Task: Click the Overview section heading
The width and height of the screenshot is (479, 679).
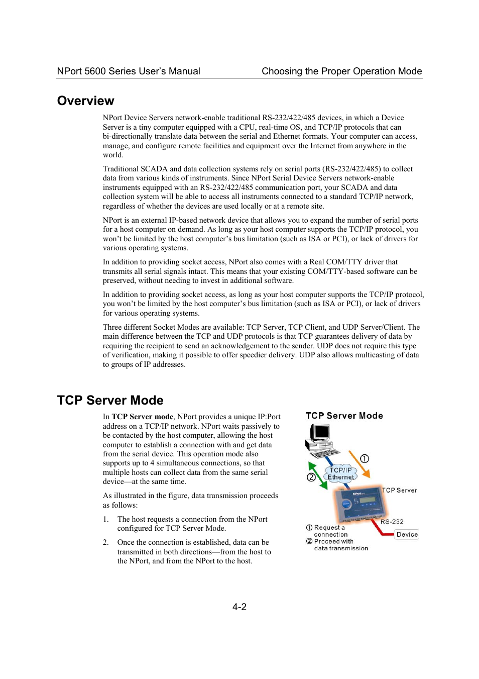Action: [x=86, y=101]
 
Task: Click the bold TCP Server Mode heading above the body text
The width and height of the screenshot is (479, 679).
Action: [x=110, y=400]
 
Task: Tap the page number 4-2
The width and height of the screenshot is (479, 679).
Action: [x=239, y=607]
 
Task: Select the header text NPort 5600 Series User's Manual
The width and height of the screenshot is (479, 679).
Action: [x=129, y=71]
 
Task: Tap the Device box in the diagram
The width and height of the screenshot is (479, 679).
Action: [x=407, y=535]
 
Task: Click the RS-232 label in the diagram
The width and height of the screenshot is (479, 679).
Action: [x=392, y=522]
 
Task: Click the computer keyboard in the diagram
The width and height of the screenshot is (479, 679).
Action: [x=325, y=453]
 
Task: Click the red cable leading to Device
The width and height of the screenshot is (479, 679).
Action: [x=379, y=527]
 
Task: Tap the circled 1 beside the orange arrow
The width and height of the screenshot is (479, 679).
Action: [x=365, y=458]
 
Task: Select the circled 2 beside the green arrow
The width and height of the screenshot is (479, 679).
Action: [x=311, y=477]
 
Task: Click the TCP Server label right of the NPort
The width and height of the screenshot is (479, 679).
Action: [x=400, y=491]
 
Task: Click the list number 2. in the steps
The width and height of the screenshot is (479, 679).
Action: [x=106, y=542]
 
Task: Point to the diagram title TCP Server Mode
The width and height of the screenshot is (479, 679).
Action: [x=344, y=416]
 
